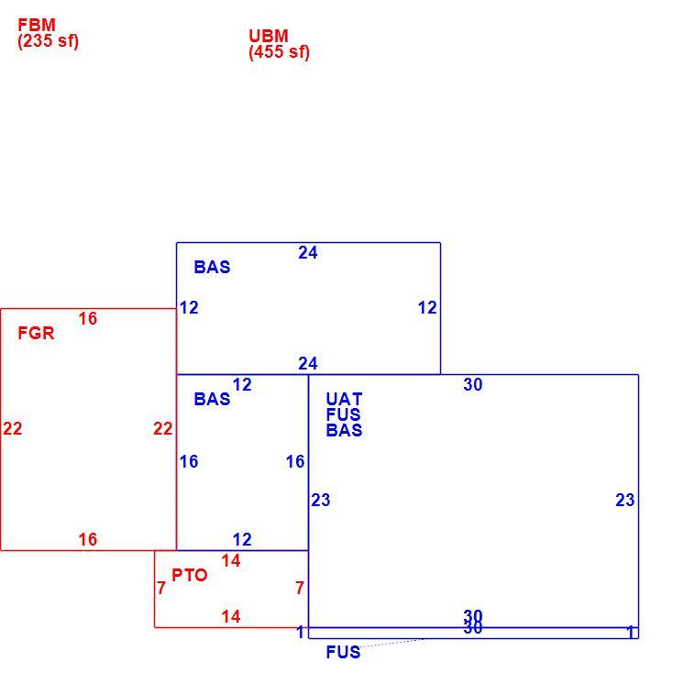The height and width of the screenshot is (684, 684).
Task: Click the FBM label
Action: (x=37, y=25)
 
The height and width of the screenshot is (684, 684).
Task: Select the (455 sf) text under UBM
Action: (x=279, y=52)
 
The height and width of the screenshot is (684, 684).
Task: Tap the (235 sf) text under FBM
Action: (x=49, y=41)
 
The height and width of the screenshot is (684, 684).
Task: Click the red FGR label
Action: (x=36, y=333)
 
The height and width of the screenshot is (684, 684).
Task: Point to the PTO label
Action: (x=189, y=575)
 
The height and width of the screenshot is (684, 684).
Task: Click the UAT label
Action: (x=344, y=399)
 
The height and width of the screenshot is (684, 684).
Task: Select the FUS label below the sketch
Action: (x=343, y=652)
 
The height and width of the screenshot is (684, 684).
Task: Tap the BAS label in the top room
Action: (x=212, y=267)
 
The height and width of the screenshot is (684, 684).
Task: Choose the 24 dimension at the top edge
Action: (x=308, y=252)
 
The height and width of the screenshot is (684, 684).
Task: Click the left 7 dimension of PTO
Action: (x=161, y=588)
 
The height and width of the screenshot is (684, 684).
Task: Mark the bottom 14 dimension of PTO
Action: (x=231, y=617)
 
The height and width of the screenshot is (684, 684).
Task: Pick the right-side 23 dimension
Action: (x=625, y=500)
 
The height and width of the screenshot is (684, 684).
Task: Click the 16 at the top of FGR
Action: (x=88, y=318)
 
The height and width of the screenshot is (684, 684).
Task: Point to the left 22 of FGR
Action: (x=13, y=428)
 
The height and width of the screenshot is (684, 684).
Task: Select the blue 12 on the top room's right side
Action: (x=427, y=307)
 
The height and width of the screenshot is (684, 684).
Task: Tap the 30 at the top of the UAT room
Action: (x=473, y=384)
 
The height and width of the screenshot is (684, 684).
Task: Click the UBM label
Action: (x=269, y=36)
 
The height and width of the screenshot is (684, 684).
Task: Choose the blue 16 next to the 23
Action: (x=295, y=461)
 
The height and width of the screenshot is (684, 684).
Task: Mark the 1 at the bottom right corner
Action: (x=630, y=632)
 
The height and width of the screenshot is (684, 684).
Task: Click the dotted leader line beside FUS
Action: (x=392, y=643)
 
